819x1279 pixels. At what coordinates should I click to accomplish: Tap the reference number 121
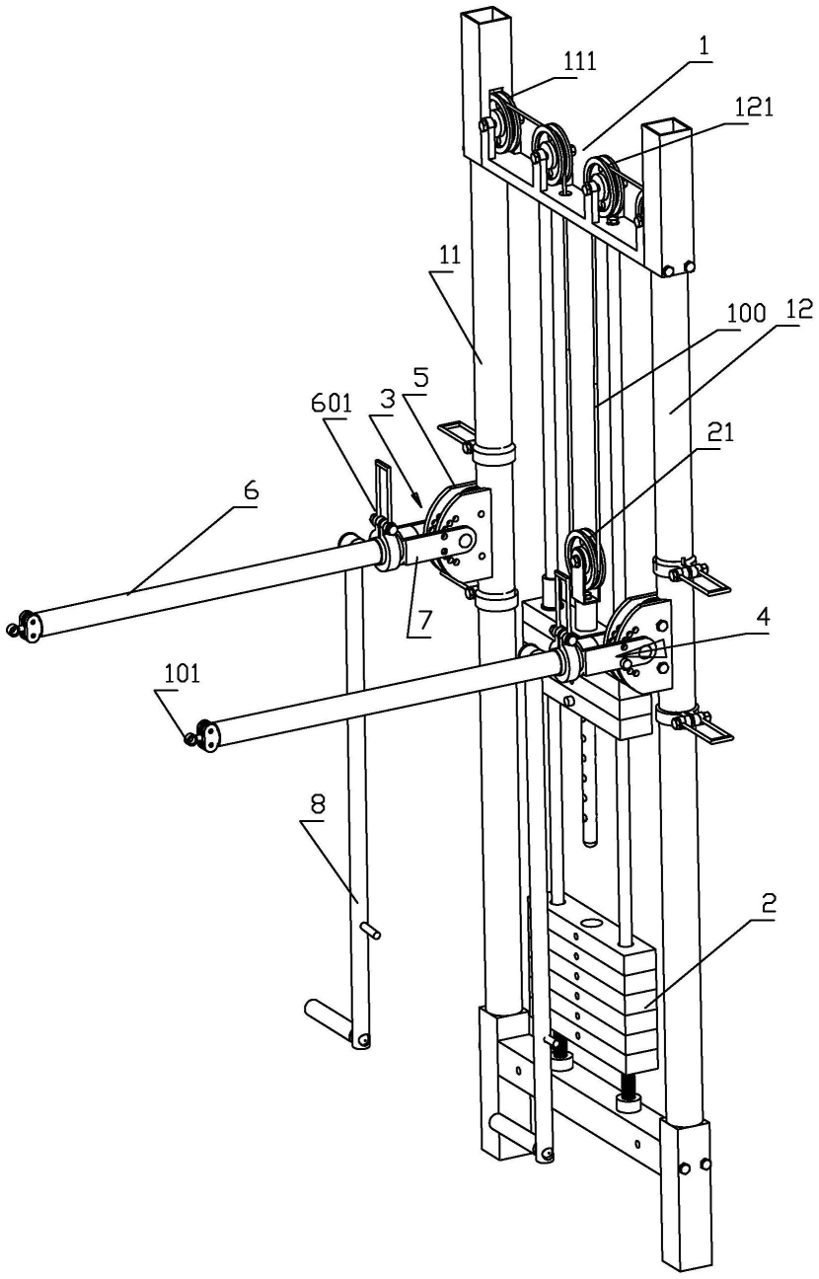[x=753, y=109]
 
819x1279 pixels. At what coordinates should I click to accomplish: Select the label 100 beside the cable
[x=744, y=314]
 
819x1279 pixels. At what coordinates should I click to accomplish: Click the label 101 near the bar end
[x=183, y=674]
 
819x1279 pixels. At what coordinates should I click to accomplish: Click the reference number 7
[x=425, y=620]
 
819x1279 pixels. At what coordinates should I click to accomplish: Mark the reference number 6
[x=252, y=490]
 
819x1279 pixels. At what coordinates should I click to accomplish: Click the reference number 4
[x=764, y=617]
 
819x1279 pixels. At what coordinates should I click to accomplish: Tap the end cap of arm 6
[x=29, y=623]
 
